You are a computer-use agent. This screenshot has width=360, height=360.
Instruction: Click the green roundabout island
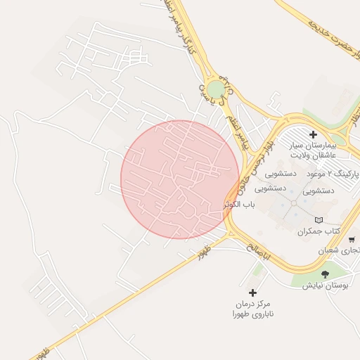click(x=216, y=89)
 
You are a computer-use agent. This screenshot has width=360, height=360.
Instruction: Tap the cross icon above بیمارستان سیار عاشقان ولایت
click(x=313, y=134)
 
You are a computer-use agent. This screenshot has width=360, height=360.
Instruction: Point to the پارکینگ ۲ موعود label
click(x=334, y=172)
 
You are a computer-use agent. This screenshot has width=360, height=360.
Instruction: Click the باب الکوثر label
click(x=239, y=205)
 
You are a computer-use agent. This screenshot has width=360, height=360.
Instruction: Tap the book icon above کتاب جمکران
click(x=319, y=219)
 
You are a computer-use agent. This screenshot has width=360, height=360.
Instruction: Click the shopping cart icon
click(x=351, y=240)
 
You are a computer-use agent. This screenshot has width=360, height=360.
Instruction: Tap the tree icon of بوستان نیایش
click(x=324, y=274)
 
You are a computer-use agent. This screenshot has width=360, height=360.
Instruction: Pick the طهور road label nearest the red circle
click(x=205, y=250)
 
